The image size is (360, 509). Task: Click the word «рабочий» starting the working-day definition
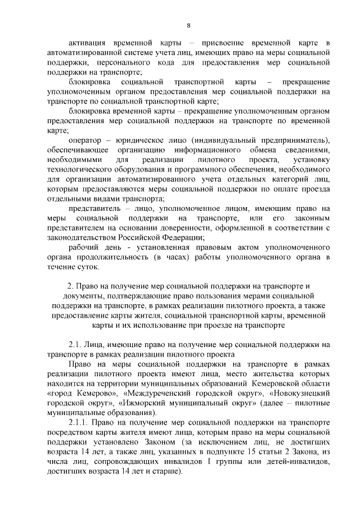83,247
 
